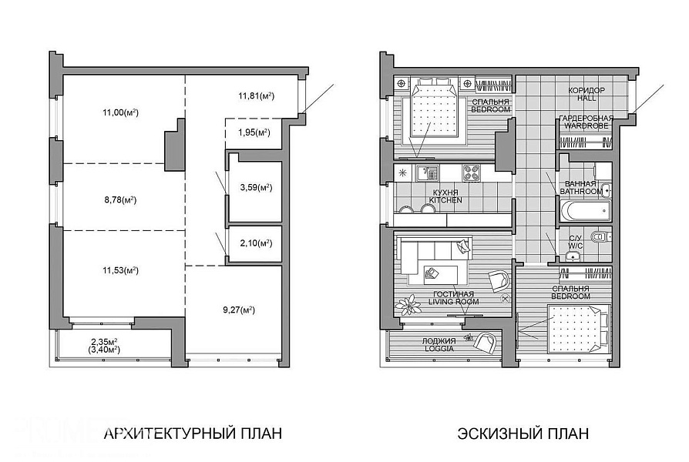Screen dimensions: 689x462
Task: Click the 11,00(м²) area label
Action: point(120,112)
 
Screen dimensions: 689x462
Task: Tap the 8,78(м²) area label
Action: point(120,200)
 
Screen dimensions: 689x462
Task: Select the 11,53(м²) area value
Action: point(120,270)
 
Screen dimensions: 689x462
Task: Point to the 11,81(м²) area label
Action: point(256,95)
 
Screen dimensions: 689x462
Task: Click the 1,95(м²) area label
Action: point(254,132)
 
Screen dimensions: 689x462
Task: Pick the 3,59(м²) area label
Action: point(256,188)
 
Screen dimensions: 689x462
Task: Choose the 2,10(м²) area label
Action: point(256,243)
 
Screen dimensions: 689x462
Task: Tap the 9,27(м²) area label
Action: point(239,310)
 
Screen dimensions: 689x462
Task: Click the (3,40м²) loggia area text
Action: point(104,350)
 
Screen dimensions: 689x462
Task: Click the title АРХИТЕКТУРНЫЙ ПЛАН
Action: point(193,434)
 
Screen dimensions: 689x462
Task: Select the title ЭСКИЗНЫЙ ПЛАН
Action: point(523,434)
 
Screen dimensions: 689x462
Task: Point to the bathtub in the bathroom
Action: point(585,212)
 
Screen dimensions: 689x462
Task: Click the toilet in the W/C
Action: point(600,237)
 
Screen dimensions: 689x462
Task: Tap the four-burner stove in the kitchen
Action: point(472,172)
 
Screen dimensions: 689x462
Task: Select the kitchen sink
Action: point(427,172)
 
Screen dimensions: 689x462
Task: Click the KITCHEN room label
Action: point(445,200)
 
